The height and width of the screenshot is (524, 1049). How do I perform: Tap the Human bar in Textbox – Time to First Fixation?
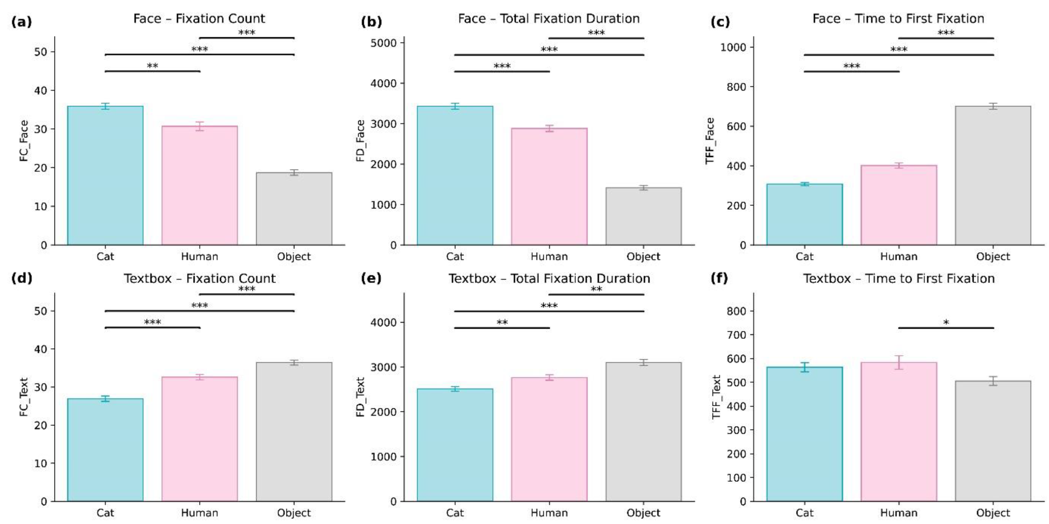[899, 431]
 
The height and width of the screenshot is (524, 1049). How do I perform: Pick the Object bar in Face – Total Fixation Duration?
[643, 216]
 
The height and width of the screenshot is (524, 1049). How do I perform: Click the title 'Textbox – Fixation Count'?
[199, 278]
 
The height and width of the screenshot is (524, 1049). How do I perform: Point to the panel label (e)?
[371, 278]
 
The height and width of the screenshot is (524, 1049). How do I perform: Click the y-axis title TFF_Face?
[710, 141]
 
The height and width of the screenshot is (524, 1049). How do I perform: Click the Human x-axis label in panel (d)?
[199, 513]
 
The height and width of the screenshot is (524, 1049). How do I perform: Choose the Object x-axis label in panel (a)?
[294, 257]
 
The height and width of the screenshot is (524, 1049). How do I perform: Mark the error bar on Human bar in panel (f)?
[899, 362]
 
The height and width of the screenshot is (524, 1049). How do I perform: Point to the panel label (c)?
[720, 22]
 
